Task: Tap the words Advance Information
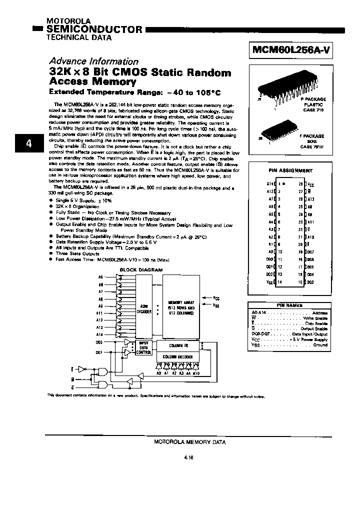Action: (93, 61)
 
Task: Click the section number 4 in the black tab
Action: (28, 143)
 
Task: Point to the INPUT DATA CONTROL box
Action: (144, 348)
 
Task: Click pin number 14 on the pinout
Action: (280, 282)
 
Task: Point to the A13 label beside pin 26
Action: (311, 198)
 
